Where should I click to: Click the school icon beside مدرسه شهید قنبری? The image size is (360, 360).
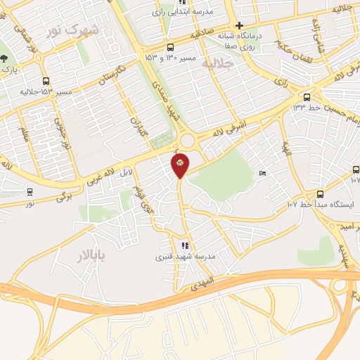pos(185,245)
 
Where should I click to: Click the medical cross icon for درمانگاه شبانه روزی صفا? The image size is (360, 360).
pos(239,25)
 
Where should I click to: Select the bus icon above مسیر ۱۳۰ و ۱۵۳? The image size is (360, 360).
pos(169,47)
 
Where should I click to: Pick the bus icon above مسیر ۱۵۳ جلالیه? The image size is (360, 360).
pos(46,81)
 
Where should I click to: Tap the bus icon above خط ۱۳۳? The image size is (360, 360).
pos(307,97)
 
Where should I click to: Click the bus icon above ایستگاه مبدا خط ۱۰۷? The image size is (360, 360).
pos(321,193)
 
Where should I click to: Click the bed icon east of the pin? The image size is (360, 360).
pos(262,173)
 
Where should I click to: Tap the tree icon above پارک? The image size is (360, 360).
pos(4,59)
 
